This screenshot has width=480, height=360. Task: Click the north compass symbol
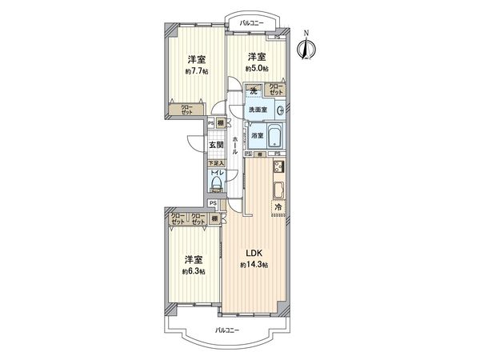pyautogui.click(x=304, y=46)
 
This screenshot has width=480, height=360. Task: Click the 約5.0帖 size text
pyautogui.click(x=255, y=69)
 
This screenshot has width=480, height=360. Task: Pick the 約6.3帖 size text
pyautogui.click(x=192, y=272)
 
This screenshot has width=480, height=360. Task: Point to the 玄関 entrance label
pyautogui.click(x=216, y=145)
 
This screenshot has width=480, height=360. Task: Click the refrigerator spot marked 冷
pyautogui.click(x=278, y=208)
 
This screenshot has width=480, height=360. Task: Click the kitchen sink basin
pyautogui.click(x=279, y=190)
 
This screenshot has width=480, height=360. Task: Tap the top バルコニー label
pyautogui.click(x=251, y=23)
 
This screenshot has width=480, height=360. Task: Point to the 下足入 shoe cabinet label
pyautogui.click(x=216, y=163)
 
